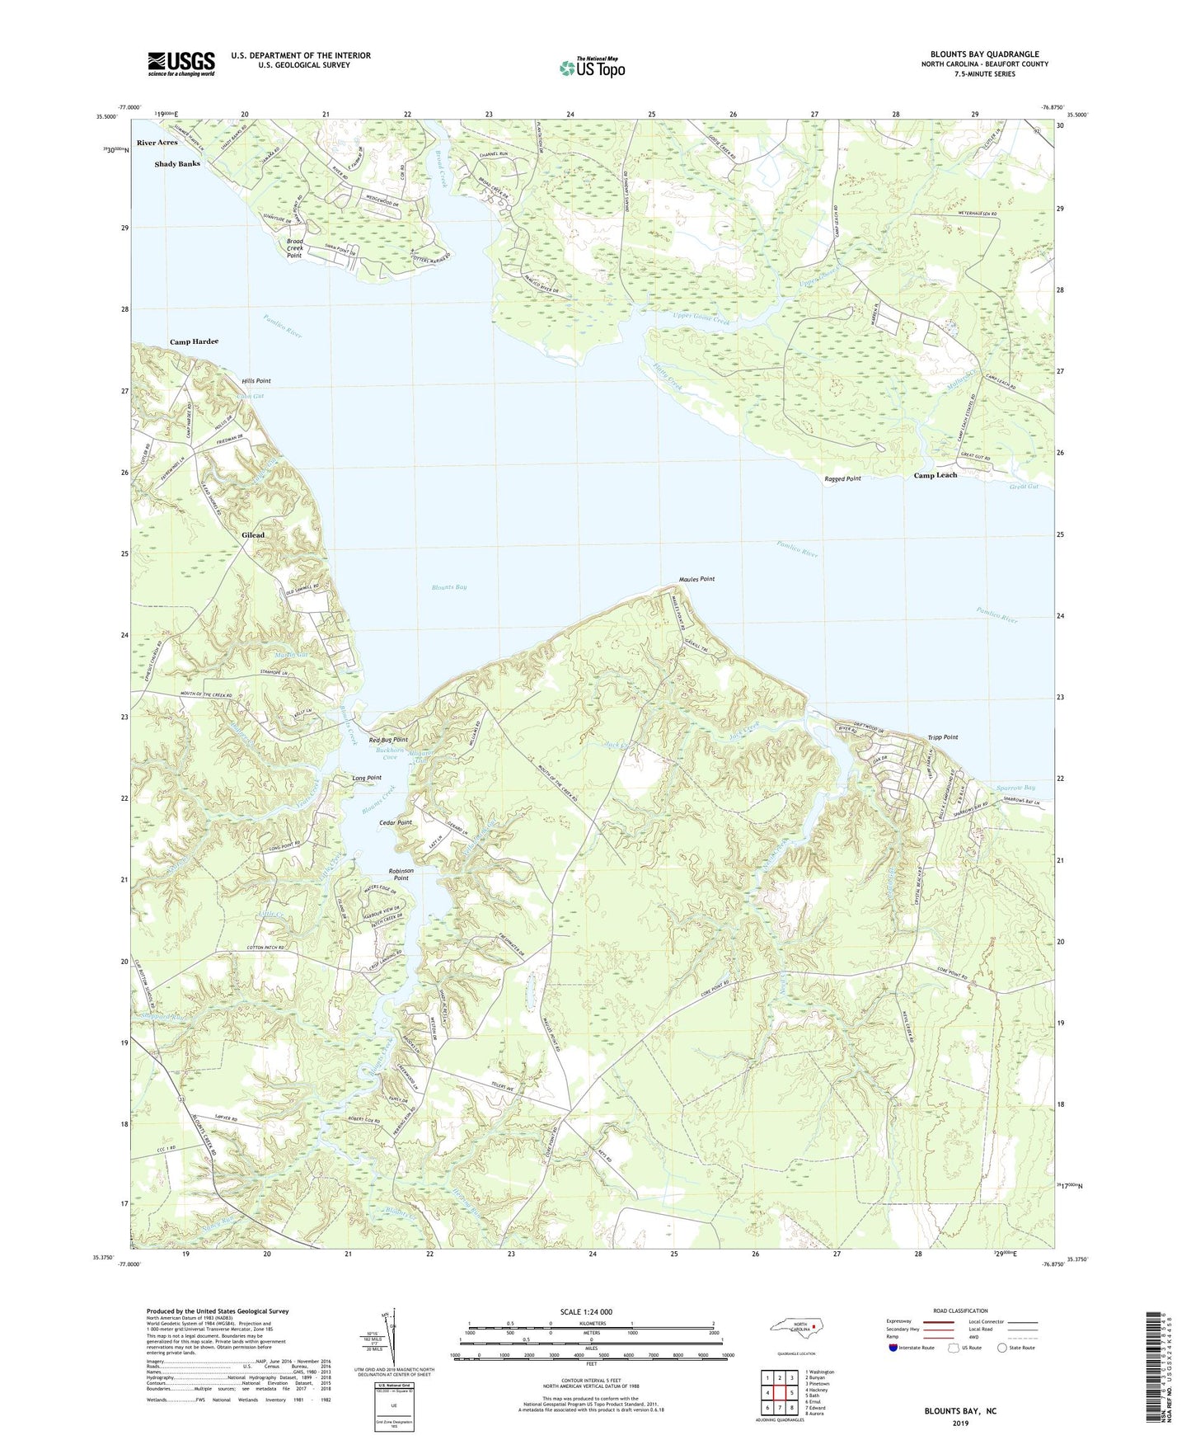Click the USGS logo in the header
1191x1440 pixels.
181,64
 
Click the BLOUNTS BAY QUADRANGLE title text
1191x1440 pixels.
984,54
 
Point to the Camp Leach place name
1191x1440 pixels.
935,475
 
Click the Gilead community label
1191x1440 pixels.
253,534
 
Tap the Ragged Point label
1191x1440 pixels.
842,478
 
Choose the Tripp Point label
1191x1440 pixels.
942,737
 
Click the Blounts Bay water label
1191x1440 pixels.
449,587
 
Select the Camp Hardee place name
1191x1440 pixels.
194,341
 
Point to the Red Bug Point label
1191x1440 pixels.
388,740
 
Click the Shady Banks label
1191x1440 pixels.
177,164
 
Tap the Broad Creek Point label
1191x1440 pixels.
294,248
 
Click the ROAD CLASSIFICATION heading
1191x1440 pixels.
961,1311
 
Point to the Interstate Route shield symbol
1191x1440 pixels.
894,1348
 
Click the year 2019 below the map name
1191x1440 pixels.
960,1423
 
